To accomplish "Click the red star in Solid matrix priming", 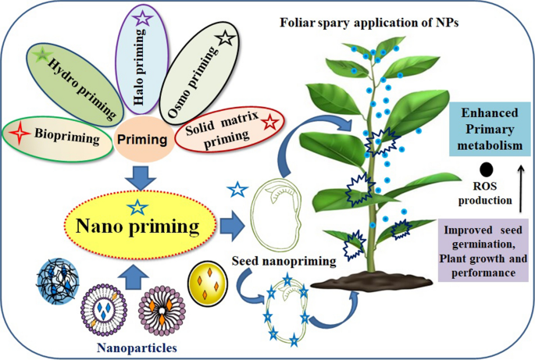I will pos(269,121).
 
